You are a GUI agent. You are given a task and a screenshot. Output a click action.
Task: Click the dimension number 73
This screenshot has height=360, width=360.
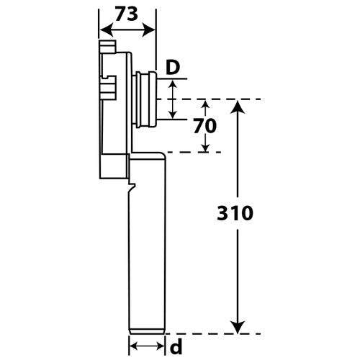pyautogui.click(x=127, y=14)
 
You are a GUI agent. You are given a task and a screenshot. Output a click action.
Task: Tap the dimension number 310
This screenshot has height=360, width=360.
pyautogui.click(x=235, y=213)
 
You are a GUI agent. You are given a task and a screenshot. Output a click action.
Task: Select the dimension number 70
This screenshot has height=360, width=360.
pyautogui.click(x=205, y=126)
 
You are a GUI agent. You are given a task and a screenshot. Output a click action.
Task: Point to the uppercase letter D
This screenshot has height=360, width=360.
pyautogui.click(x=173, y=68)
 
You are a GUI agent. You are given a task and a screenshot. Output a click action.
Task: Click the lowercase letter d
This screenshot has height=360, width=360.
pyautogui.click(x=176, y=347)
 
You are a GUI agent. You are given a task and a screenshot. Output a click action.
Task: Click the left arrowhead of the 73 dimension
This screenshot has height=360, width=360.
pyautogui.click(x=106, y=30)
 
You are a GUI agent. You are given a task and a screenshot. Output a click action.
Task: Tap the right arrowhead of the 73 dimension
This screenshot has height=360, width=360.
pyautogui.click(x=149, y=30)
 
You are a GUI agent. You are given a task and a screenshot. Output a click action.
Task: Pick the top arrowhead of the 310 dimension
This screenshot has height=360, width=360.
pyautogui.click(x=238, y=107)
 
